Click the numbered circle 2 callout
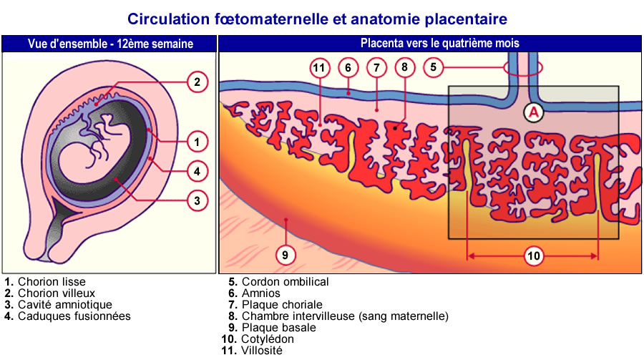197,82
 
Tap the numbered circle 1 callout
197,142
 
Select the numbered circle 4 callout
197,171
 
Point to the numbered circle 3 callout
197,200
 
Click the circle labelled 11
320,67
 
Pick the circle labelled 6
348,67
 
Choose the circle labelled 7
376,67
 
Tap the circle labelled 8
404,67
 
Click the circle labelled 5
433,67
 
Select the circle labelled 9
285,255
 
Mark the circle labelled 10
534,256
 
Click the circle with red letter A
533,112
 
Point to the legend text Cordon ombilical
285,282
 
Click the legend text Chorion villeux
57,293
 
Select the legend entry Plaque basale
279,328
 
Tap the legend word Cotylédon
268,339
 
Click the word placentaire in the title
466,19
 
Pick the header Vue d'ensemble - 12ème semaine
110,44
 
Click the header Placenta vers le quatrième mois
440,43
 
